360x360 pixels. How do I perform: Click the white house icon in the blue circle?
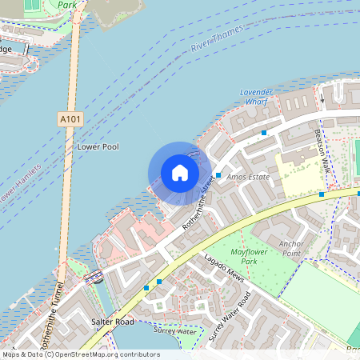(180, 173)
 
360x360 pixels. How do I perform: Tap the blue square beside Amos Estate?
(218, 174)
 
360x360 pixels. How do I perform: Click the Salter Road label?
(111, 321)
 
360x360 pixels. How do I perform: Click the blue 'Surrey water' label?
(175, 330)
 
